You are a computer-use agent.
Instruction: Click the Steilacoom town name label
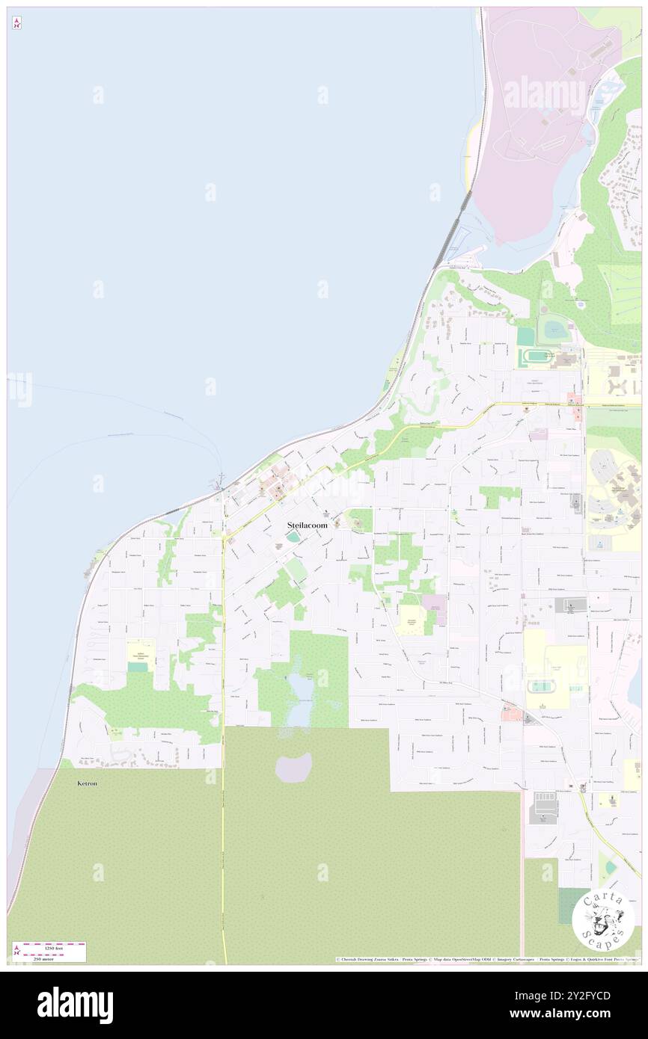[307, 525]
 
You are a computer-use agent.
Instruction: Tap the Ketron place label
[88, 783]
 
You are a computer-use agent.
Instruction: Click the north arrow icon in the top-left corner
[16, 23]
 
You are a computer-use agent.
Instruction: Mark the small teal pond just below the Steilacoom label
[292, 537]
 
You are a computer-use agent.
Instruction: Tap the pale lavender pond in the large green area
[293, 768]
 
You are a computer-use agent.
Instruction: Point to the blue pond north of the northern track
[556, 327]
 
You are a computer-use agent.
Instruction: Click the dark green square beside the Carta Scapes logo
[573, 906]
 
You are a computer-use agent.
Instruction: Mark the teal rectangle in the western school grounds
[138, 667]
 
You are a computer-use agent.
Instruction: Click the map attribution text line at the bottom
[486, 959]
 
